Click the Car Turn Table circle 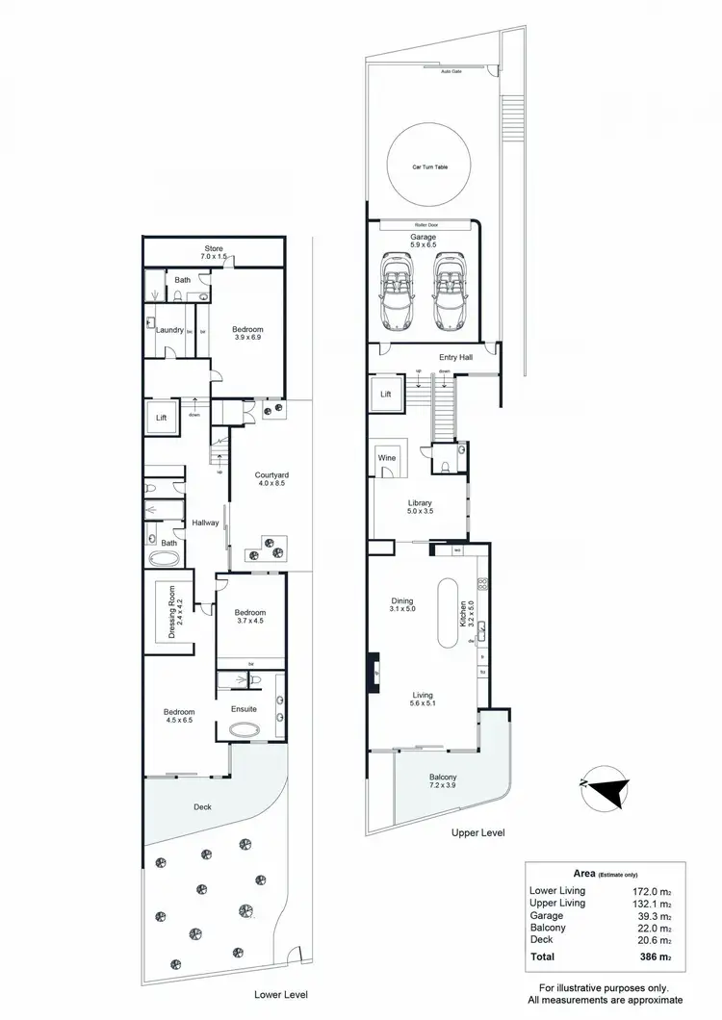[429, 166]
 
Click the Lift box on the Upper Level [385, 395]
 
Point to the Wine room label [387, 459]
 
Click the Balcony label [443, 781]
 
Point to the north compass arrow [606, 786]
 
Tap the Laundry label [169, 330]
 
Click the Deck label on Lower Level [202, 806]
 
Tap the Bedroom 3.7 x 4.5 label [250, 616]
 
